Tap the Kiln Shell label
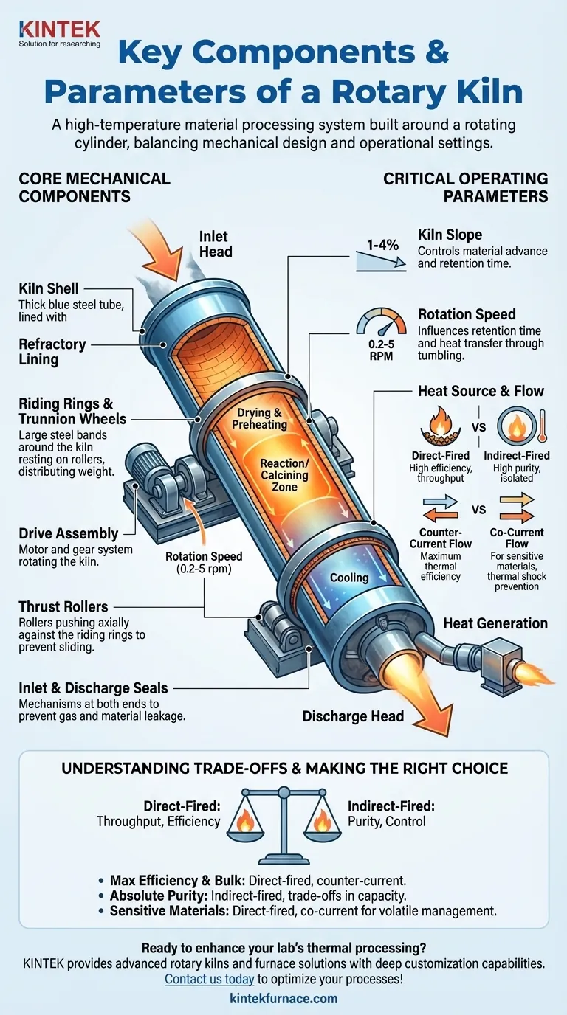(49, 290)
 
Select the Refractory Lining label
(52, 351)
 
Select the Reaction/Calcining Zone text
(284, 475)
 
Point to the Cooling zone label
(348, 577)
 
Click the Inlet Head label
(216, 244)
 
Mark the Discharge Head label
(353, 716)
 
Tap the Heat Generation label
(495, 623)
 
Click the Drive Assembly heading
(68, 533)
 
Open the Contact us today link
(209, 979)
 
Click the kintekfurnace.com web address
(283, 999)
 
